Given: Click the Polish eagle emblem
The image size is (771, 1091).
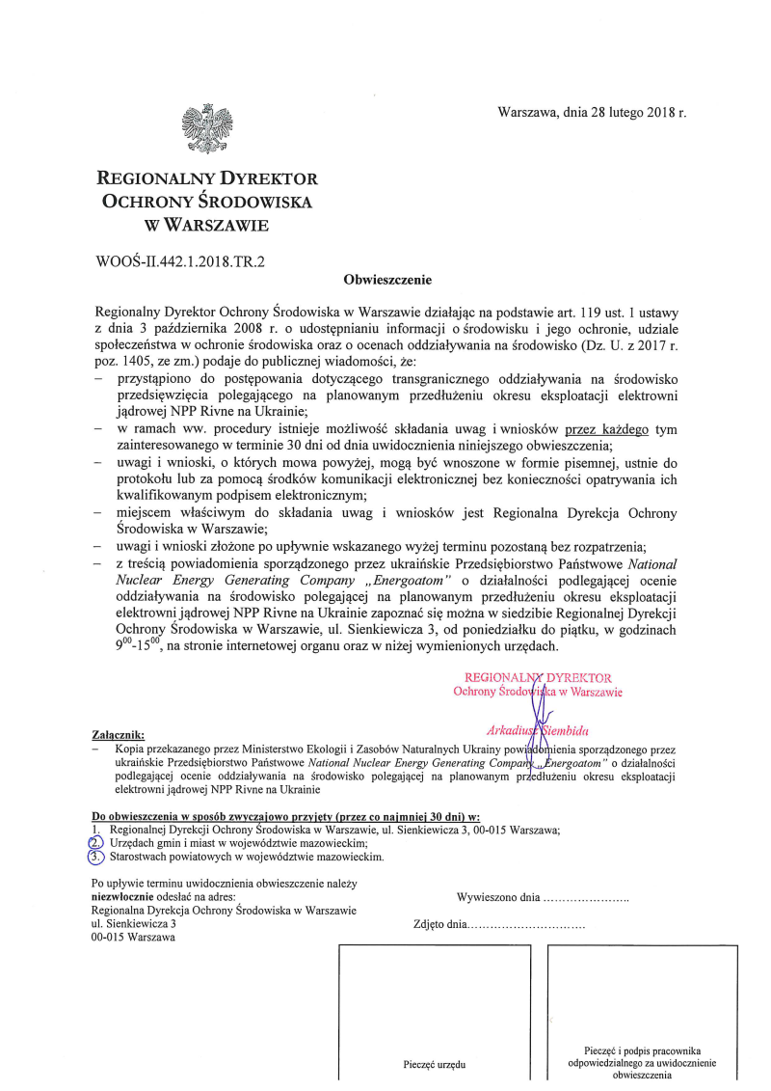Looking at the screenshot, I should (x=207, y=128).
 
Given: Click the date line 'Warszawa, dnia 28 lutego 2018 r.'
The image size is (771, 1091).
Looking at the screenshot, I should (x=592, y=113).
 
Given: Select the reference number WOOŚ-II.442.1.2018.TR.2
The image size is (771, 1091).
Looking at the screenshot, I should (x=180, y=260).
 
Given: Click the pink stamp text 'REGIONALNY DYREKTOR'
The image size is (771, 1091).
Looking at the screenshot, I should (x=538, y=678).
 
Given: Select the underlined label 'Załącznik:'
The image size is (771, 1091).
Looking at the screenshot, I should (x=118, y=735).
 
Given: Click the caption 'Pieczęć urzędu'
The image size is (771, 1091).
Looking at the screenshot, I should (x=434, y=1065).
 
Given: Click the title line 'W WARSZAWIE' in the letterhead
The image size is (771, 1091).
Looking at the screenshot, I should (x=206, y=227).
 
